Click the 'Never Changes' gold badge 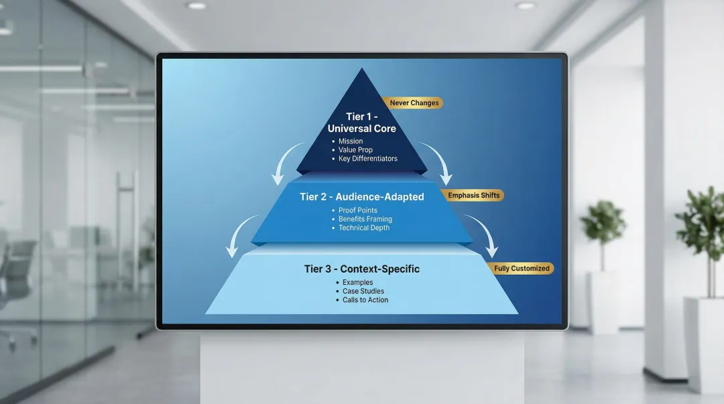(x=413, y=103)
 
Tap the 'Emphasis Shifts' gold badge (x=474, y=196)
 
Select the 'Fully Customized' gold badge (x=522, y=269)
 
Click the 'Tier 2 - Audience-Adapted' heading (x=361, y=197)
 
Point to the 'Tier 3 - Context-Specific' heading (x=361, y=269)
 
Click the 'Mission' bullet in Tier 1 (x=350, y=141)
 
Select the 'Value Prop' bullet (x=355, y=150)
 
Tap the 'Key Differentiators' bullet (x=367, y=159)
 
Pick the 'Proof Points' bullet (x=357, y=210)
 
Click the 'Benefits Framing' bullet (x=365, y=219)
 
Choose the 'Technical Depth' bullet (x=363, y=228)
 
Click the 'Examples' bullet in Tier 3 (x=357, y=283)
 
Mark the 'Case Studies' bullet (x=363, y=291)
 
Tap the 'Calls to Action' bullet (x=365, y=300)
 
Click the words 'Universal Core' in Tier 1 (x=361, y=129)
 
